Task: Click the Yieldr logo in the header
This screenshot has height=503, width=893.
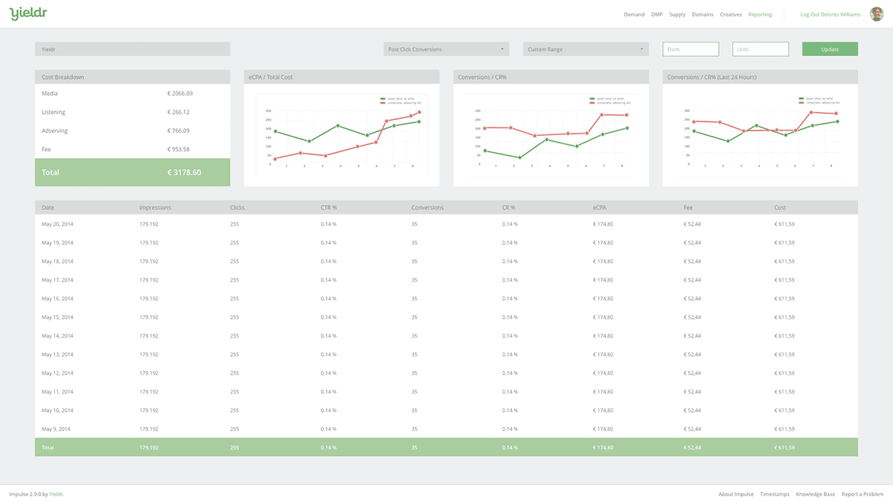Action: pyautogui.click(x=25, y=13)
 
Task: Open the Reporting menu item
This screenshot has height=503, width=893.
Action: pyautogui.click(x=760, y=15)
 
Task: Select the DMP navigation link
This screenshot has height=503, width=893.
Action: pyautogui.click(x=656, y=15)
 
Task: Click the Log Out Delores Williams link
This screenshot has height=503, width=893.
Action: pyautogui.click(x=830, y=15)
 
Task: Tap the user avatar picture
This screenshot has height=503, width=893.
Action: pyautogui.click(x=876, y=14)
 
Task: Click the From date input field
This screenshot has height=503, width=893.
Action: pyautogui.click(x=691, y=49)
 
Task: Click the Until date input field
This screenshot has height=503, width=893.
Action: pyautogui.click(x=760, y=49)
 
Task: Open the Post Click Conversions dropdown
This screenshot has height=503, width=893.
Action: pyautogui.click(x=446, y=49)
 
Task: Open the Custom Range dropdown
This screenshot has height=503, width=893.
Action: pyautogui.click(x=585, y=49)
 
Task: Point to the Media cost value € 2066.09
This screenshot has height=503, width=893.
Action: pyautogui.click(x=180, y=94)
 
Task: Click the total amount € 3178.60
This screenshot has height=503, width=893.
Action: pyautogui.click(x=184, y=172)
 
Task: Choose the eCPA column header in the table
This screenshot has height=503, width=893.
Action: pyautogui.click(x=601, y=207)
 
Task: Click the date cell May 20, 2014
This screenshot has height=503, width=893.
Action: pyautogui.click(x=57, y=223)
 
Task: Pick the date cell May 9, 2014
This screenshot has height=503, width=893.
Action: pyautogui.click(x=57, y=428)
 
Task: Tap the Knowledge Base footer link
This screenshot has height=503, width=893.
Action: pyautogui.click(x=815, y=494)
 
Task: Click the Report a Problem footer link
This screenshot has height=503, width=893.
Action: pyautogui.click(x=862, y=494)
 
